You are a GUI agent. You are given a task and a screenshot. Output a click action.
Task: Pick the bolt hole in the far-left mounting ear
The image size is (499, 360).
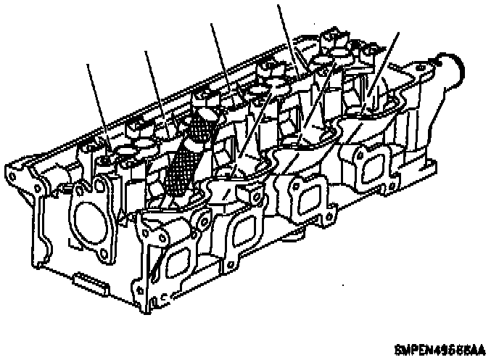[x=12, y=174]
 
